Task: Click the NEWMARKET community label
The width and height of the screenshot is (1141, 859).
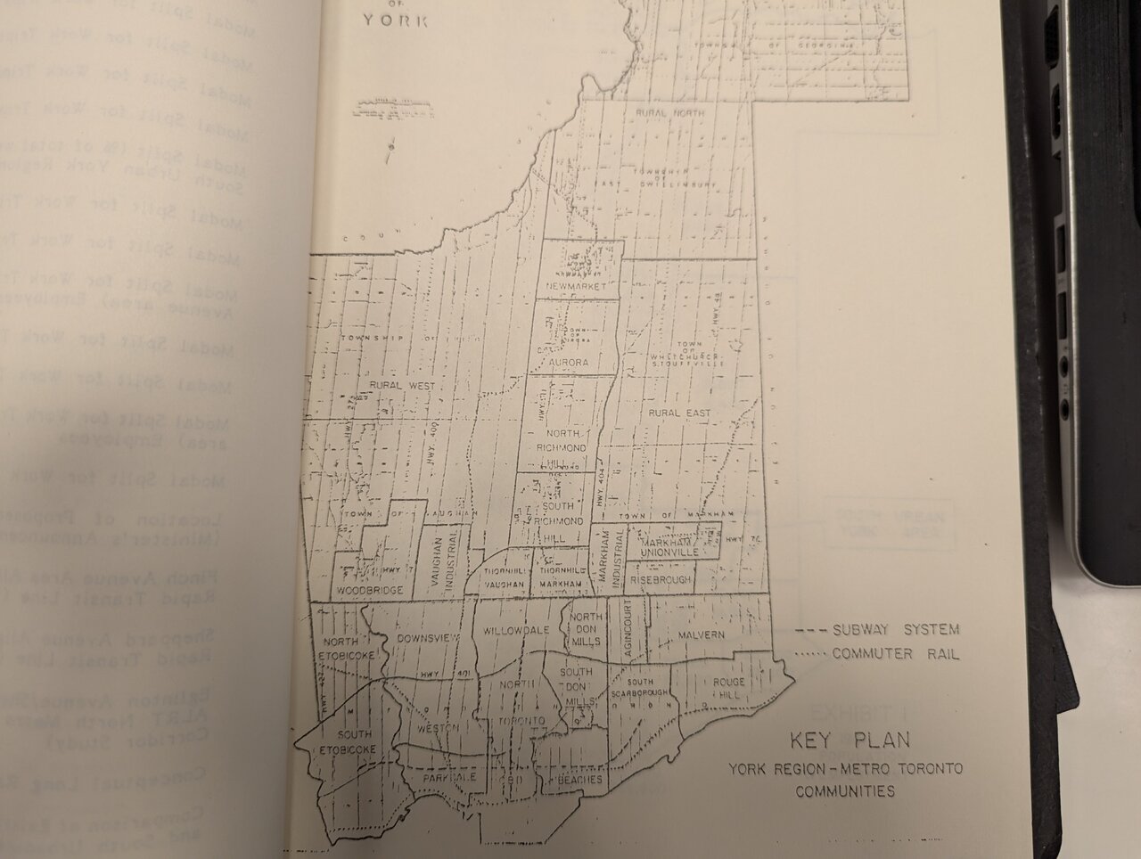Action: (577, 287)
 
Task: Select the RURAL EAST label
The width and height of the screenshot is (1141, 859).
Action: (679, 413)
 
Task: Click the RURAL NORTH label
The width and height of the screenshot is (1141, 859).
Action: (670, 114)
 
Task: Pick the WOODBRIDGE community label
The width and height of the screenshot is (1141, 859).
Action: (370, 591)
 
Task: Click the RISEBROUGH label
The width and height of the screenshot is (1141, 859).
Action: (660, 579)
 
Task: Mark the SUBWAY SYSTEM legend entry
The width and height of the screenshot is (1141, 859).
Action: (895, 630)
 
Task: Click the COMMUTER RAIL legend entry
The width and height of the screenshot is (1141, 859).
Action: (895, 654)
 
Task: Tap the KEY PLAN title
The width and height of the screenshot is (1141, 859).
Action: (849, 740)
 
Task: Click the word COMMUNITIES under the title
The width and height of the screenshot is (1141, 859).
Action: (845, 791)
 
